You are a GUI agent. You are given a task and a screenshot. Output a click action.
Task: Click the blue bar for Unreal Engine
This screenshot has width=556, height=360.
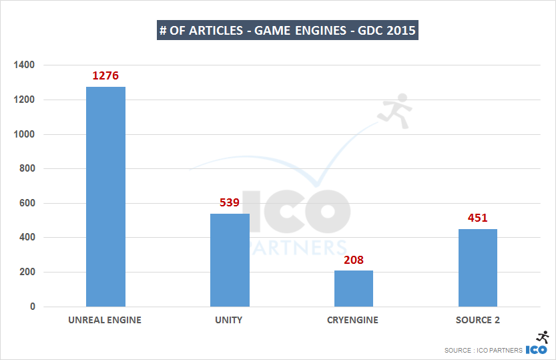105,196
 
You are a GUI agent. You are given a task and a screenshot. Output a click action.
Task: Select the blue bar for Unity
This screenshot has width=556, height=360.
230,260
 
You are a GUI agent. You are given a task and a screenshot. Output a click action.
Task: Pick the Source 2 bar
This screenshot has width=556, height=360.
477,268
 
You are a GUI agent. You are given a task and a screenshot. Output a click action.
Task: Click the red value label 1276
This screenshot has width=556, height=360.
105,76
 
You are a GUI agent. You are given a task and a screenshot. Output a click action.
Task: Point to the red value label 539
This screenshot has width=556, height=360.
230,202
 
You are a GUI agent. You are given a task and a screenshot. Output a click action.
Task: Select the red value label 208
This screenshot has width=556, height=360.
354,260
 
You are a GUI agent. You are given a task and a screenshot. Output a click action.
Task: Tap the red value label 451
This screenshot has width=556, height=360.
477,218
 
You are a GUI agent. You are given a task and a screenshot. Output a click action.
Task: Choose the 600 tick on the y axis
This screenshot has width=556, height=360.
27,203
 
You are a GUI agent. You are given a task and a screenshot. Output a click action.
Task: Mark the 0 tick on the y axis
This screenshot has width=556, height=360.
31,307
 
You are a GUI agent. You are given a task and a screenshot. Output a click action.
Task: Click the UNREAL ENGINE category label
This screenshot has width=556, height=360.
105,320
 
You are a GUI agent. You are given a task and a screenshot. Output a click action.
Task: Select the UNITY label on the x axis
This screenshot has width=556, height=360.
229,320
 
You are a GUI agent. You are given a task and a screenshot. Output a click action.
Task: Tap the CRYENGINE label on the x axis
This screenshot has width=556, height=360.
353,320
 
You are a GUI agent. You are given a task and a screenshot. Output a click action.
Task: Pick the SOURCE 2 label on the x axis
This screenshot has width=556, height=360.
477,320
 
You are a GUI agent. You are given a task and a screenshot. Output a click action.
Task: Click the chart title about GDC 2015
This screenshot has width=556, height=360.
288,31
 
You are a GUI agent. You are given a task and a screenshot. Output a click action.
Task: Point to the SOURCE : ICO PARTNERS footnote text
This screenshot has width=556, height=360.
483,350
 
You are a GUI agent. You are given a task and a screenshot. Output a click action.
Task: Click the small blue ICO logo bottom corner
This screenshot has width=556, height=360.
537,349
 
